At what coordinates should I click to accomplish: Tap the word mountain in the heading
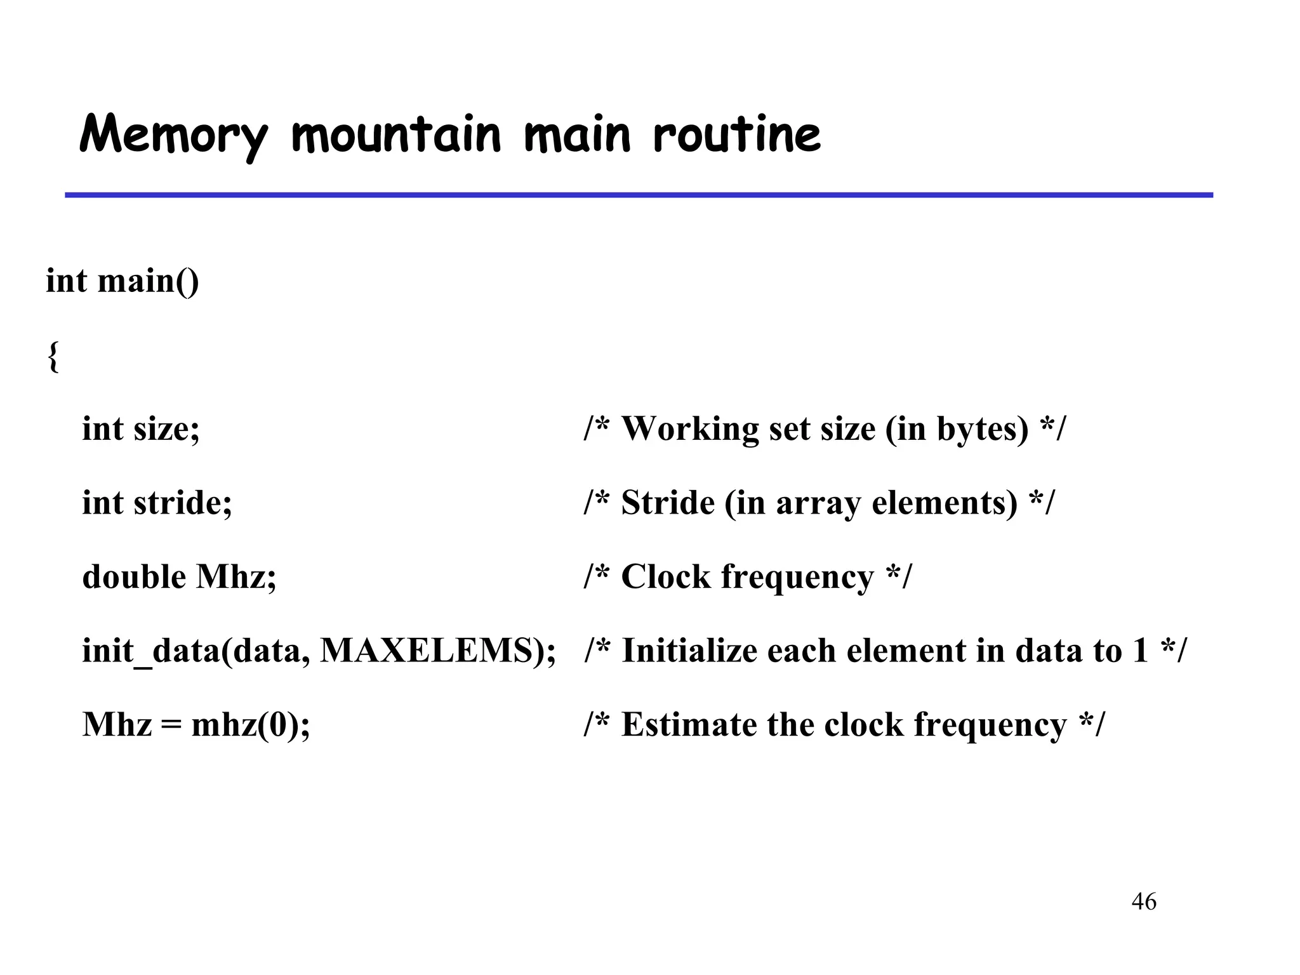pyautogui.click(x=397, y=135)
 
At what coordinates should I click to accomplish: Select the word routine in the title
pyautogui.click(x=736, y=135)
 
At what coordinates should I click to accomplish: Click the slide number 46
pyautogui.click(x=1144, y=901)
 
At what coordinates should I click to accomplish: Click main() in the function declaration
pyautogui.click(x=148, y=281)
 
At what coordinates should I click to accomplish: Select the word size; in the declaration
pyautogui.click(x=167, y=428)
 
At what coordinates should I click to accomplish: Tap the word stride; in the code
pyautogui.click(x=183, y=503)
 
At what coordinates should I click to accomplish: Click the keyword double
pyautogui.click(x=134, y=576)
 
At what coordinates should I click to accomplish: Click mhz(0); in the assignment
pyautogui.click(x=251, y=724)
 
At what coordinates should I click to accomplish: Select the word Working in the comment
pyautogui.click(x=690, y=428)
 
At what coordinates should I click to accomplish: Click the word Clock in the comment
pyautogui.click(x=665, y=576)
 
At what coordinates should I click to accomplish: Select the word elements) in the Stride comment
pyautogui.click(x=945, y=503)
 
